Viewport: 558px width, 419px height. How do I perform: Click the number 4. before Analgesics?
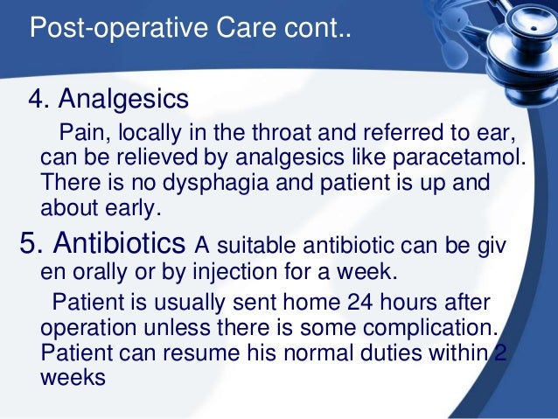[40, 98]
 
